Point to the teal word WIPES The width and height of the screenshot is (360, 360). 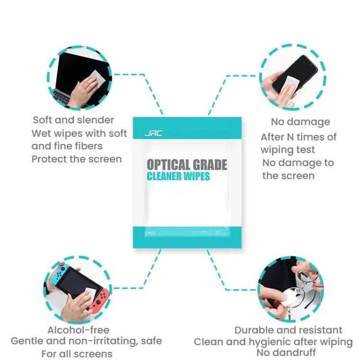tap(198, 176)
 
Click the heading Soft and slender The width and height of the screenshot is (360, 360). tap(73, 120)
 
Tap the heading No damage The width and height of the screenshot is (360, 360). tap(300, 122)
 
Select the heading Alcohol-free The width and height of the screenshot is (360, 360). tap(78, 330)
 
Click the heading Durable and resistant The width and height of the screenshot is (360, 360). tap(288, 330)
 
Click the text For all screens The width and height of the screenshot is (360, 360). tap(77, 354)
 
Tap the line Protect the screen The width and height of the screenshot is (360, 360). tap(77, 159)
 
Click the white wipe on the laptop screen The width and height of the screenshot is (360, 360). tap(97, 78)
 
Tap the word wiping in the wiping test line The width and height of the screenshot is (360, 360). tap(276, 149)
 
